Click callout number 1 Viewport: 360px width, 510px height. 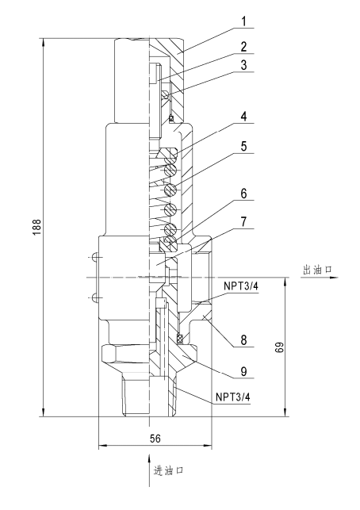[x=243, y=21]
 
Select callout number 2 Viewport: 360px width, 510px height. [x=243, y=47]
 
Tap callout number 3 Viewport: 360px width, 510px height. [x=243, y=65]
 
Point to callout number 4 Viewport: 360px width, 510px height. [x=243, y=117]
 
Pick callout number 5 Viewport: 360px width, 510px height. [x=243, y=146]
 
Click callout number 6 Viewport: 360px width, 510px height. [x=243, y=194]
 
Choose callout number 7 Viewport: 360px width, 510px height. [x=243, y=222]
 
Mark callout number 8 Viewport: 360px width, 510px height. [x=243, y=340]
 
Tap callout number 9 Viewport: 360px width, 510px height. [x=243, y=371]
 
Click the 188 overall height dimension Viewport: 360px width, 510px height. [x=37, y=227]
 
